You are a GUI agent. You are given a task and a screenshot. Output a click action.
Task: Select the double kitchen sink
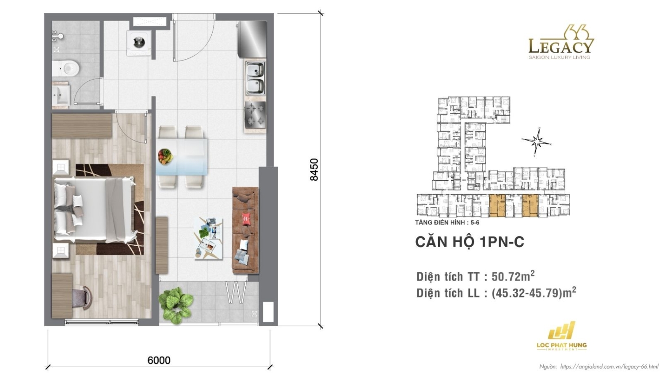coord(255,78)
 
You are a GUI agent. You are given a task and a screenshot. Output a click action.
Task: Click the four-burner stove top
coord(255,114)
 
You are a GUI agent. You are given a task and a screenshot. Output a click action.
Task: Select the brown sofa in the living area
coord(245,230)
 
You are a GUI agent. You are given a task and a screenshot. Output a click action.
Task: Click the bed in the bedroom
coord(94,210)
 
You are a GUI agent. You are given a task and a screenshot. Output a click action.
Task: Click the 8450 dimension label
coord(314,170)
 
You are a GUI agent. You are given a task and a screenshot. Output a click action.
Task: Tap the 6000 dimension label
coord(159,360)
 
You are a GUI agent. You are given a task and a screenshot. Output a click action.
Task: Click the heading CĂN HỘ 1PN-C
coord(469,242)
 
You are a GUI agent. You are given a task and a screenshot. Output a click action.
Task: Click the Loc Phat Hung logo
coord(561,336)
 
